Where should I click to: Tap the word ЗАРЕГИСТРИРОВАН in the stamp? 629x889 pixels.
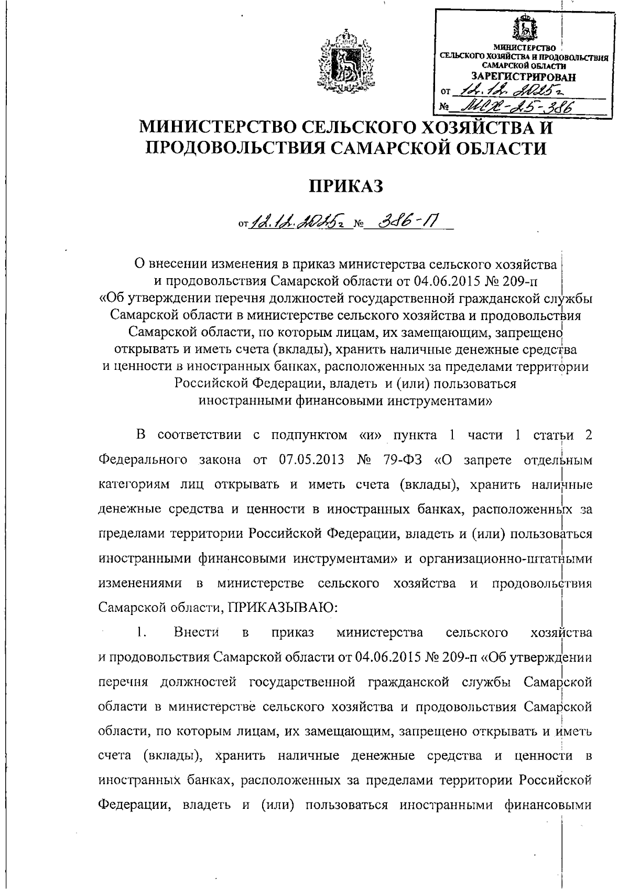pos(523,77)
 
